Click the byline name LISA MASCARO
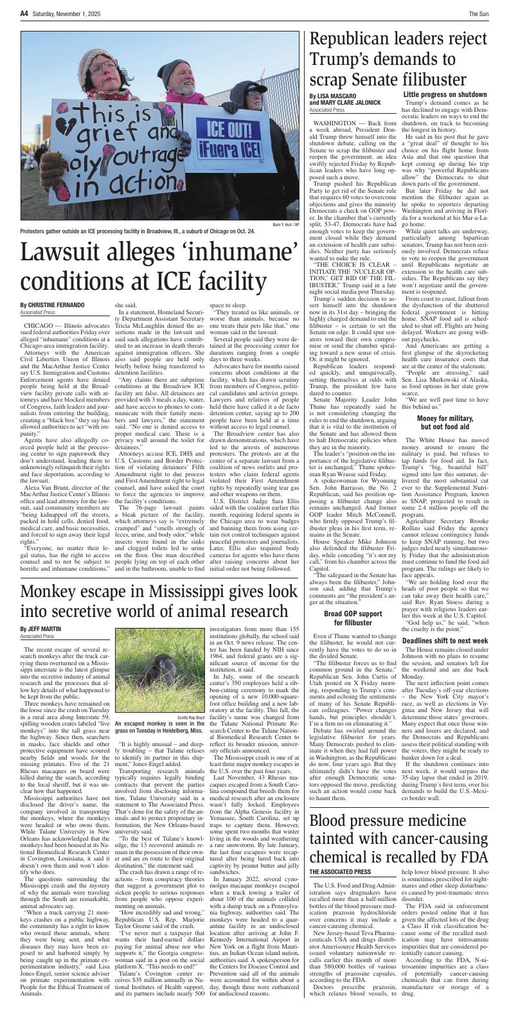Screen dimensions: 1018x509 coord(334,96)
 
